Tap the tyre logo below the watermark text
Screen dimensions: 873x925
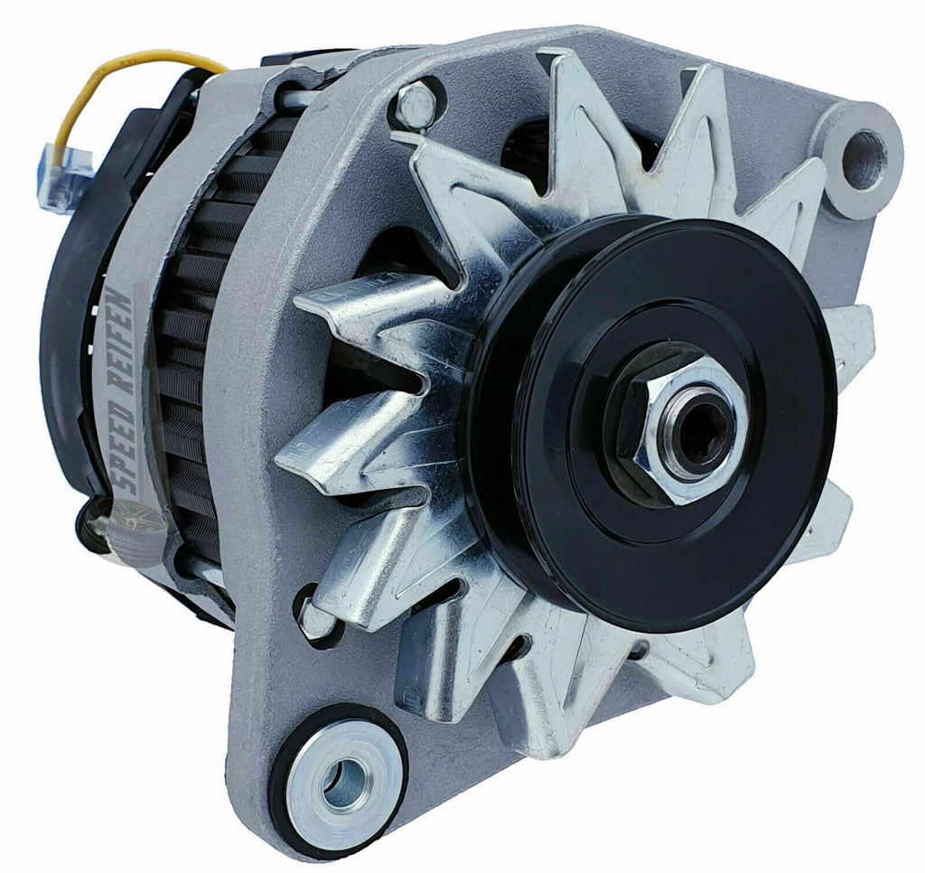click(x=126, y=525)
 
